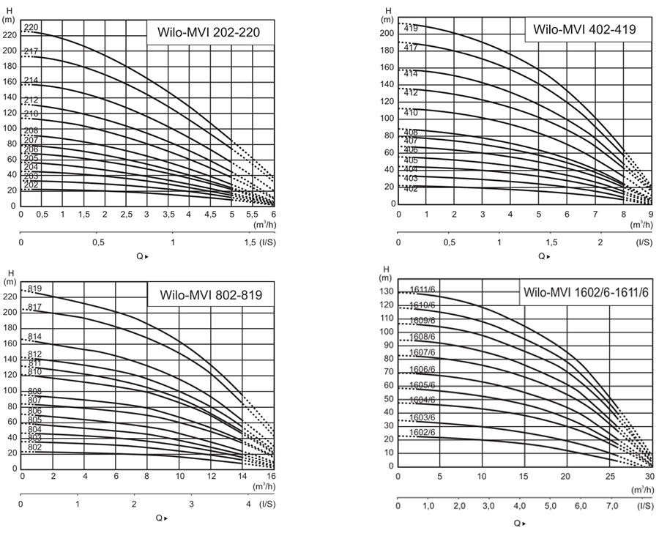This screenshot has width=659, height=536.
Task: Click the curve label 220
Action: (31, 28)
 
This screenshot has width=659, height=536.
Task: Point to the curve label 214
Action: (31, 81)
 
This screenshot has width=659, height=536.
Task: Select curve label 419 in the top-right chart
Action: (410, 29)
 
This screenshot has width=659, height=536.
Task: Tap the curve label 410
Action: (410, 113)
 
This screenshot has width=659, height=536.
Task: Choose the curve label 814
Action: (34, 337)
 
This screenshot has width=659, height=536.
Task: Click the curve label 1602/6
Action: (422, 432)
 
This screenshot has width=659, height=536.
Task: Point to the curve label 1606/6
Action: (422, 370)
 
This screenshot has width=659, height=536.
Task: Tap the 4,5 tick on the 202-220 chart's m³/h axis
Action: (210, 215)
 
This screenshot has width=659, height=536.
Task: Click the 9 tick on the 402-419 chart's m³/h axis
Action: (649, 215)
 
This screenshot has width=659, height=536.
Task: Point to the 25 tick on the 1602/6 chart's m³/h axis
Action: (606, 476)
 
